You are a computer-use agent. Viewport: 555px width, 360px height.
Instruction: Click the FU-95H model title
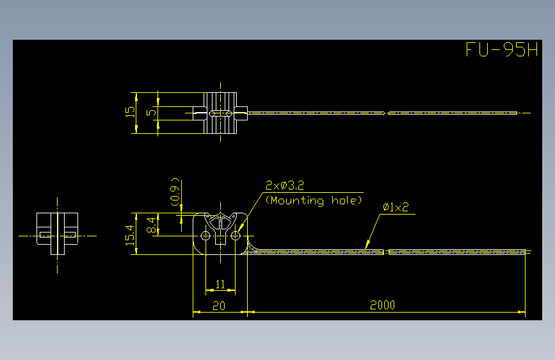click(x=502, y=49)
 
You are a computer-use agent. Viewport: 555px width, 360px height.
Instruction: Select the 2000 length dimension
click(x=382, y=305)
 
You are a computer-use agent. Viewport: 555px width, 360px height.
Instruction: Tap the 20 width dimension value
click(x=219, y=306)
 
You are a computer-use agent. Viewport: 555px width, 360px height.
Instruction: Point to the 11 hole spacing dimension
click(x=220, y=284)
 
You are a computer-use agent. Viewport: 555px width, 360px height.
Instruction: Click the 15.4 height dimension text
click(x=130, y=235)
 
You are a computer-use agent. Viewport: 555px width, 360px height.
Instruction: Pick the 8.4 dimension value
click(x=152, y=225)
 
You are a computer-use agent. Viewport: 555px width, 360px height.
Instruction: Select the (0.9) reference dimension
click(x=175, y=192)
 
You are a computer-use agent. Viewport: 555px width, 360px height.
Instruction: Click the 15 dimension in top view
click(x=130, y=112)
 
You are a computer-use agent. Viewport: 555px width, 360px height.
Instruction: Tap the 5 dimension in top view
click(x=151, y=112)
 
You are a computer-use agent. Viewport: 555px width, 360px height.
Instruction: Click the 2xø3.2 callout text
click(x=285, y=185)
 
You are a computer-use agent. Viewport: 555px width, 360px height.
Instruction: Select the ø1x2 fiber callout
click(x=396, y=207)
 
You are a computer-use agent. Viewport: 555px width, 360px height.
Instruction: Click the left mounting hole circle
click(x=205, y=236)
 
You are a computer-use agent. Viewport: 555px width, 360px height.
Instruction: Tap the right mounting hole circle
click(x=236, y=236)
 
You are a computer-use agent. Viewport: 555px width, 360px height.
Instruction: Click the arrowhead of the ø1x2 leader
click(x=367, y=245)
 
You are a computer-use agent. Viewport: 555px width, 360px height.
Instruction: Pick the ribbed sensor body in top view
click(x=220, y=113)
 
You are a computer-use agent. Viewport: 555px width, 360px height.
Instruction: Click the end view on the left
click(x=58, y=234)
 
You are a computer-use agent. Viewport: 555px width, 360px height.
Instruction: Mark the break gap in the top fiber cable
click(x=386, y=113)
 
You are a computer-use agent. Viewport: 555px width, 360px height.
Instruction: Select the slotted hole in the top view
click(x=220, y=114)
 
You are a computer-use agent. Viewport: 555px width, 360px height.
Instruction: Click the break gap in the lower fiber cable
click(x=386, y=252)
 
